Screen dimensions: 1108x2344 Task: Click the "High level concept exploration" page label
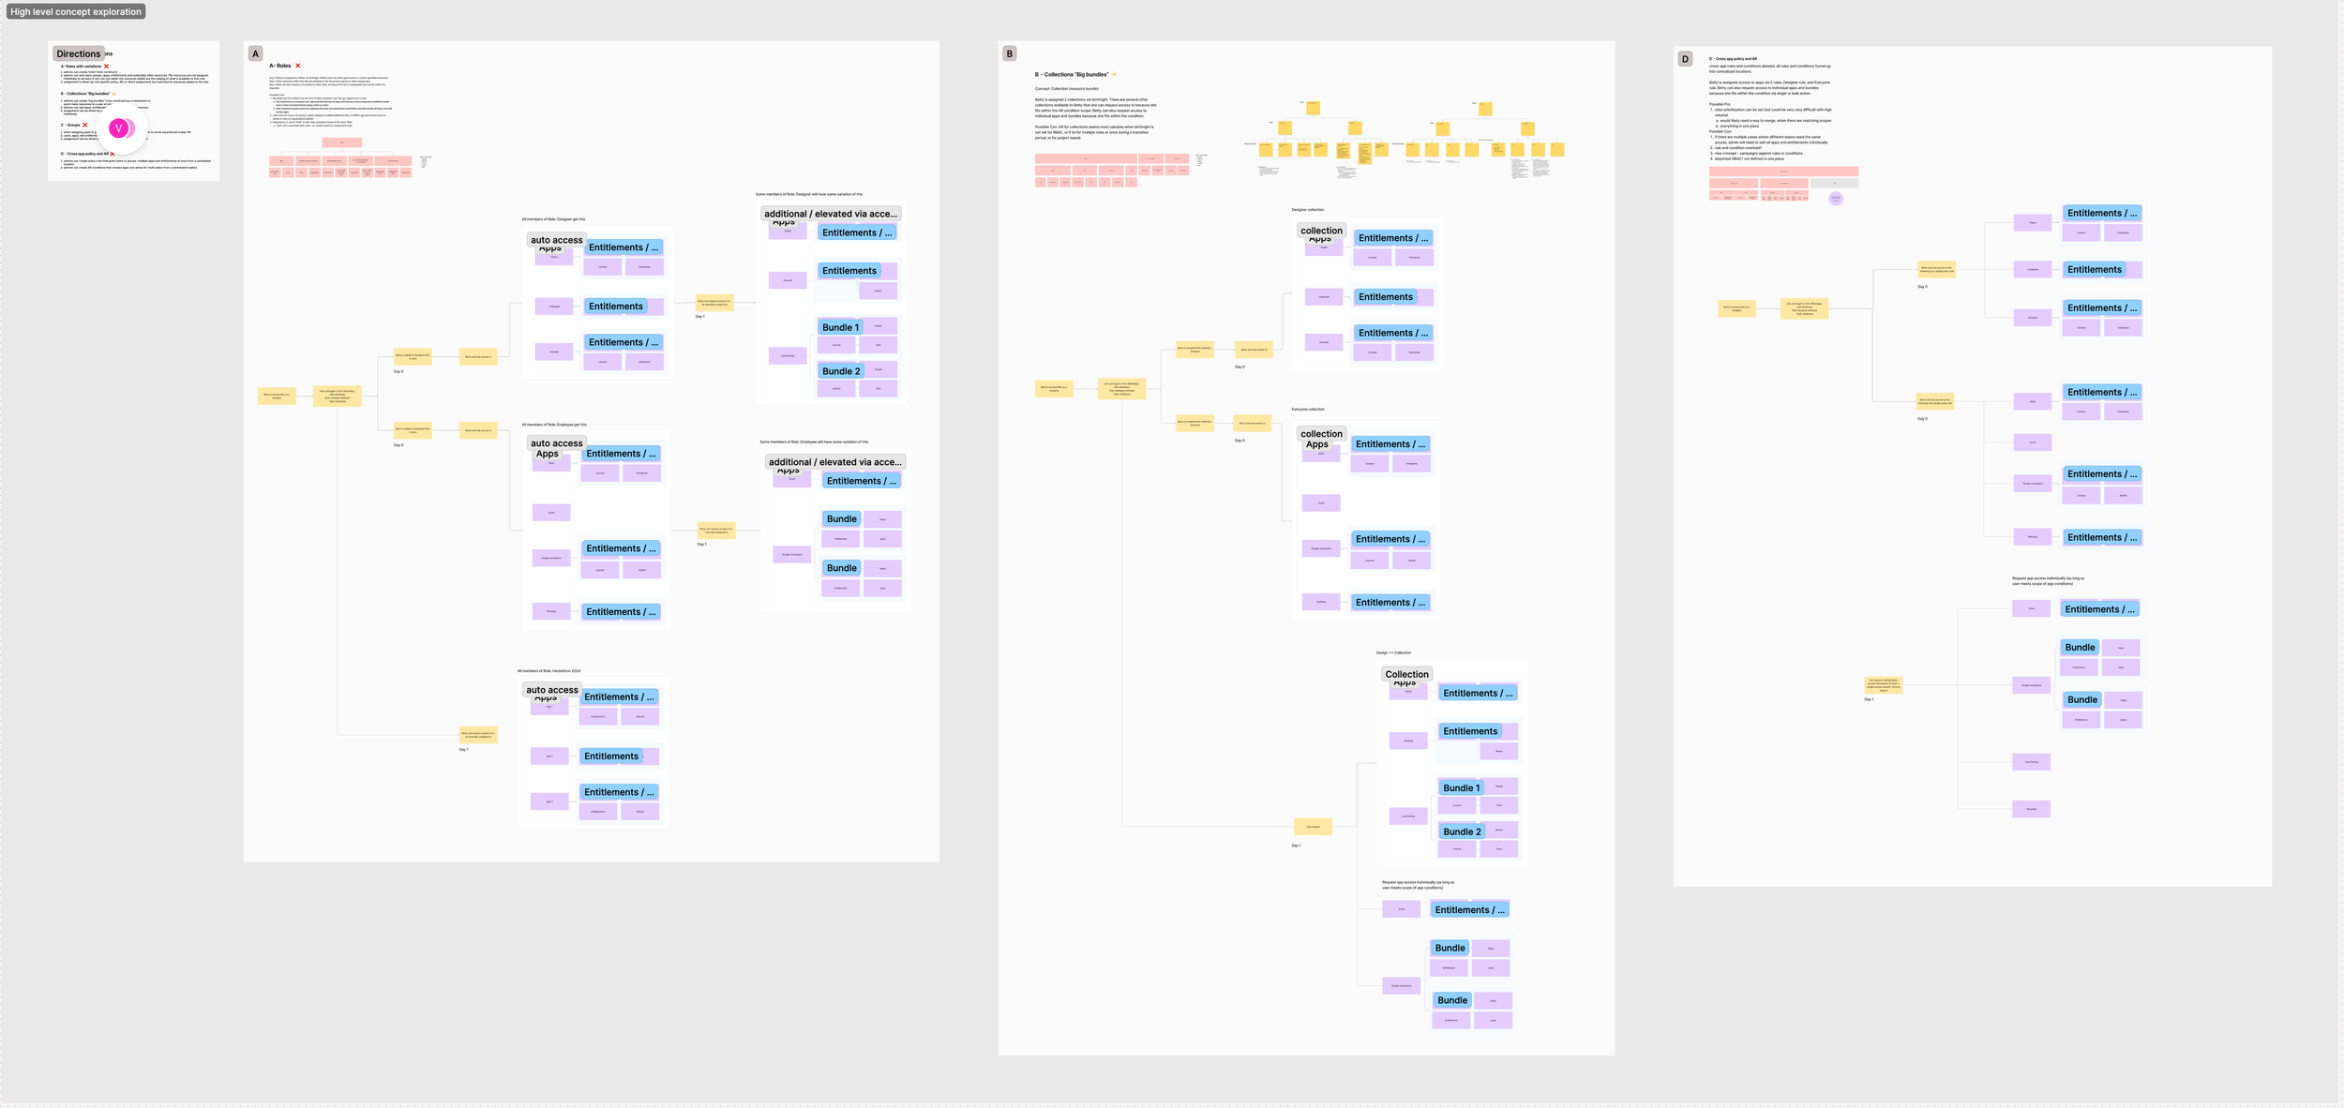(x=76, y=12)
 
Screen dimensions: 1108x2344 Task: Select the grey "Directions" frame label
(x=78, y=54)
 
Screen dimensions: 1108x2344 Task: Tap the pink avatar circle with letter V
(x=119, y=128)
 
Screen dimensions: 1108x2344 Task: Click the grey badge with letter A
(x=255, y=54)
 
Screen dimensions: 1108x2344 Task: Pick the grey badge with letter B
(x=1009, y=54)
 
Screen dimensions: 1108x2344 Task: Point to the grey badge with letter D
(x=1685, y=59)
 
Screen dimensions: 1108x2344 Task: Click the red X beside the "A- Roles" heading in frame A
(x=298, y=66)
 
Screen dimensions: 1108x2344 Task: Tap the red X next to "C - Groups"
(x=85, y=125)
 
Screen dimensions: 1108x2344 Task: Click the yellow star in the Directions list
(x=114, y=94)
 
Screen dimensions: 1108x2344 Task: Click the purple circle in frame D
(x=1836, y=199)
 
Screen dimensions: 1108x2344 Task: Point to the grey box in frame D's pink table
(x=1834, y=183)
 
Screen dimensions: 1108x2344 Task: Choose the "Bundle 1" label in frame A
(x=840, y=328)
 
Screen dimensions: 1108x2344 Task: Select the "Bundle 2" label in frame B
(x=1462, y=832)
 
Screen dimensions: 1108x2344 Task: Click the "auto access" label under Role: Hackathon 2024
(x=552, y=690)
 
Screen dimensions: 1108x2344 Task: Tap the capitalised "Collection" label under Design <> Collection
(x=1406, y=674)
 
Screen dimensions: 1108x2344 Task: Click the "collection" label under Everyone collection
(x=1321, y=434)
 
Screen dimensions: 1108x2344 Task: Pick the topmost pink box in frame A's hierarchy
(x=342, y=142)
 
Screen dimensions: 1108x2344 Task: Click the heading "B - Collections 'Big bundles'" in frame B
(x=1072, y=75)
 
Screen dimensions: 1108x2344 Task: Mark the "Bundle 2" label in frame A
(x=840, y=371)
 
